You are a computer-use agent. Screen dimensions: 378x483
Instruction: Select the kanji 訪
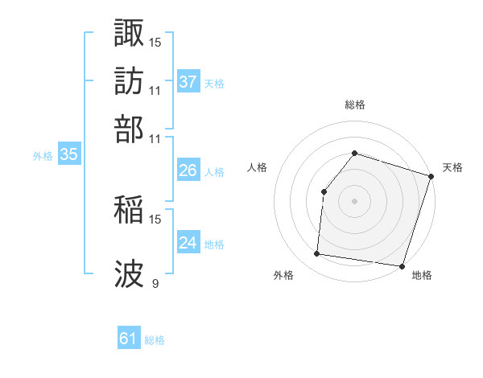[130, 80]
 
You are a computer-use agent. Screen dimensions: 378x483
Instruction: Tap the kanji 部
[130, 128]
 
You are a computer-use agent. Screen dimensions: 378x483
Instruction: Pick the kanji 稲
[130, 209]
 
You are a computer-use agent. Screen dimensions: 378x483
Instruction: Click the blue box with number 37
[188, 82]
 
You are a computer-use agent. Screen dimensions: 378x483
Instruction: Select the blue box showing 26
[188, 171]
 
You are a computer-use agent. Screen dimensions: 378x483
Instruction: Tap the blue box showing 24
[188, 244]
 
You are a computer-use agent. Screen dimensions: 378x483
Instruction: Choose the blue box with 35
[68, 156]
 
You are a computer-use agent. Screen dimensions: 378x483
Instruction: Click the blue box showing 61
[128, 339]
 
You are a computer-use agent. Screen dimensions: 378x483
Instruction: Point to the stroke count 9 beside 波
[155, 283]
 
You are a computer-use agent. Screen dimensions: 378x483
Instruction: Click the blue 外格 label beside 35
[43, 157]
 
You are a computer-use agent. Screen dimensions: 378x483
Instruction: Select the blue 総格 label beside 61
[155, 340]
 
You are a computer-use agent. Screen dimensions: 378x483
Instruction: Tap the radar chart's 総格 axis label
[354, 105]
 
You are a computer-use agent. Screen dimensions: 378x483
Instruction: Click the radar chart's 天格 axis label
[453, 167]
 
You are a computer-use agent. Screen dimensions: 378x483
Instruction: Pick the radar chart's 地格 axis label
[422, 276]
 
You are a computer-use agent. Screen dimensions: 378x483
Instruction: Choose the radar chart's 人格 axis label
[258, 167]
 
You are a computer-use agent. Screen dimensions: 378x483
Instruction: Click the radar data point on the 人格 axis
[324, 191]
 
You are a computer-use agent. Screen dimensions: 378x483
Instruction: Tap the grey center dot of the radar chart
[354, 201]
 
